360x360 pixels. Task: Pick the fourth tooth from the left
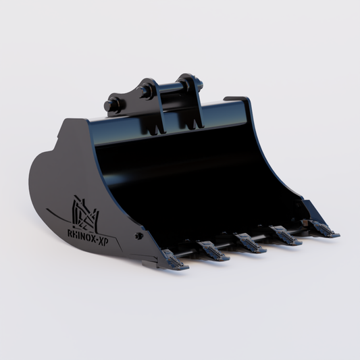[x=286, y=236]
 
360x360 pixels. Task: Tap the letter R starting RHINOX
[x=70, y=233]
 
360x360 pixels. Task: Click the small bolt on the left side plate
[x=138, y=236]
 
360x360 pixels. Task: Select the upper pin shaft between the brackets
[x=170, y=86]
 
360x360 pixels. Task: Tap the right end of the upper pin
[x=200, y=82]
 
